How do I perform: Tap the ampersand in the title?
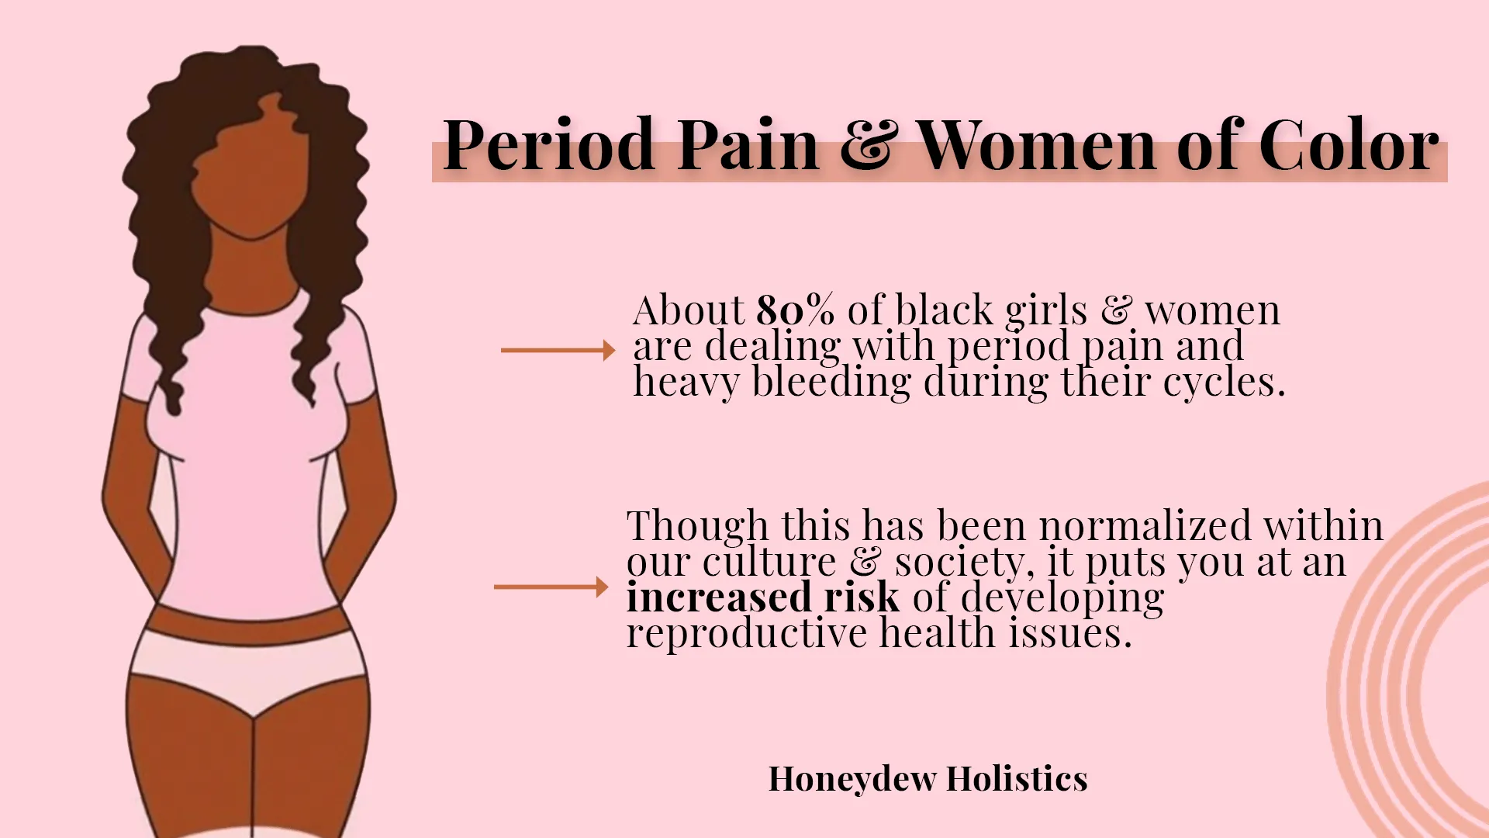tap(869, 146)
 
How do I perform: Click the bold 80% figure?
tap(795, 310)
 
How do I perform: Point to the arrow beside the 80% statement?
tap(558, 351)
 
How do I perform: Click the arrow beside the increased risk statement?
tap(551, 587)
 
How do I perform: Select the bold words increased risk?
tap(763, 597)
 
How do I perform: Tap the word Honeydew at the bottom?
tap(852, 779)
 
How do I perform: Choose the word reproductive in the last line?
tap(747, 633)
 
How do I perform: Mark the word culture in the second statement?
tap(769, 562)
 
